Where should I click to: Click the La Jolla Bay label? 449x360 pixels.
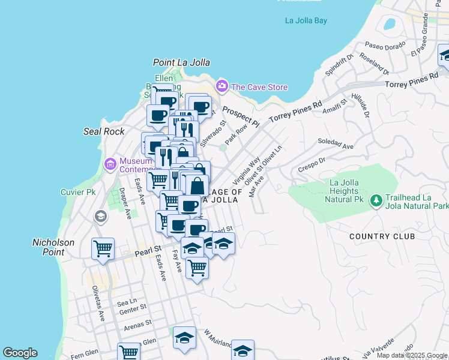(x=306, y=20)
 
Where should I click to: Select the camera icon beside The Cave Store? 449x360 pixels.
(x=222, y=87)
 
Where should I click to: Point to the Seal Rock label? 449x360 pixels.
(x=104, y=131)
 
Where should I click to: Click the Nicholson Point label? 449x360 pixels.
(x=53, y=247)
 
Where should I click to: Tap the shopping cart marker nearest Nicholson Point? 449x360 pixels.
(x=103, y=248)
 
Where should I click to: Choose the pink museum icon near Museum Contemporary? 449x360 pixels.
(x=110, y=163)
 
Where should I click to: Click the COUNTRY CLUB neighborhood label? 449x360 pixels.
(x=382, y=236)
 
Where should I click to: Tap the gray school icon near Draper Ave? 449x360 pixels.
(x=100, y=217)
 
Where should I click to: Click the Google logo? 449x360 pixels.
(x=20, y=353)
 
